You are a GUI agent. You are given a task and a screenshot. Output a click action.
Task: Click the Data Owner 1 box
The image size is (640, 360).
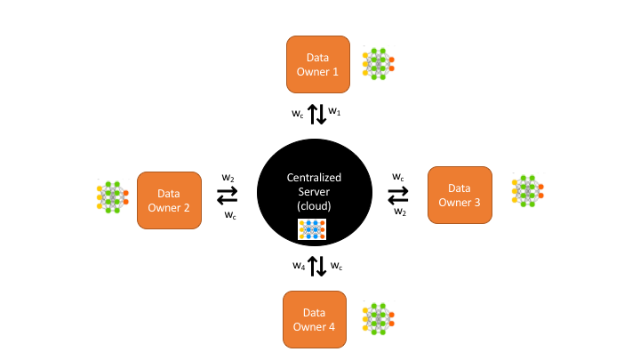point(318,64)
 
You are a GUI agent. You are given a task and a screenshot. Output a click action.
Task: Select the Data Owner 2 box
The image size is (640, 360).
point(168,200)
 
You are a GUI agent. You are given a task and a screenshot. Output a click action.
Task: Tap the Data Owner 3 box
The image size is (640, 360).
point(460,195)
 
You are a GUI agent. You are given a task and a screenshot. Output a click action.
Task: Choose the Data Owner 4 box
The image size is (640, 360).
point(315,319)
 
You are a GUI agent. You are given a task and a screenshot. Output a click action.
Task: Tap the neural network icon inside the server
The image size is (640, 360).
point(310,230)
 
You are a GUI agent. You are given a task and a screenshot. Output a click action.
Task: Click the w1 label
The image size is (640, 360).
point(335,112)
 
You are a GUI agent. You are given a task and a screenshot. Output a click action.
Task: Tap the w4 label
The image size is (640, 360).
point(299,265)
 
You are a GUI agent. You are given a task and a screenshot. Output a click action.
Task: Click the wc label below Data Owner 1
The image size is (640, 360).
point(298,113)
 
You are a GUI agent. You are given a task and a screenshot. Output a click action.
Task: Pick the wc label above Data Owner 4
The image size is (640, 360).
point(336,265)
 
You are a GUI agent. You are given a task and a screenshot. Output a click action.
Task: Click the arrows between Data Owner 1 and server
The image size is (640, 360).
point(316,114)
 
